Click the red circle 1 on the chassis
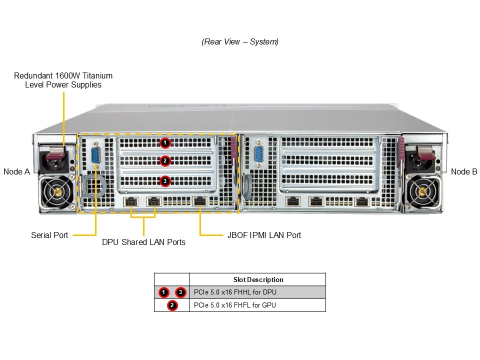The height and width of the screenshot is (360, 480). pos(165,143)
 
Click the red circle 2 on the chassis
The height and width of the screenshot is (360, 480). pos(165,161)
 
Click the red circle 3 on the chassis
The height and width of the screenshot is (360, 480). pos(165,181)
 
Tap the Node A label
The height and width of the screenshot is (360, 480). pos(16,171)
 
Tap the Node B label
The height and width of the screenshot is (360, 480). pos(463,171)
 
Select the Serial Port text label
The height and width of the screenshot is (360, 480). pos(49,235)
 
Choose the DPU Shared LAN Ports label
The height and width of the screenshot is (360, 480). pos(143,242)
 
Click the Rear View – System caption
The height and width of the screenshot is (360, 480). pos(240,42)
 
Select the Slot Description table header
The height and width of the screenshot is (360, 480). pos(258,279)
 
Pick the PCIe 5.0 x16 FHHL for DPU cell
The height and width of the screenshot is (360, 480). pos(235,292)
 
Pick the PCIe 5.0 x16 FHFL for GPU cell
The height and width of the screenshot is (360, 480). pos(235,305)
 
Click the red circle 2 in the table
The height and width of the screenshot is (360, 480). pos(172,305)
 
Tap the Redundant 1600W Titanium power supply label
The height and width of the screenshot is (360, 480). pos(63,80)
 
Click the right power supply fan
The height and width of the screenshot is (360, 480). pos(423,191)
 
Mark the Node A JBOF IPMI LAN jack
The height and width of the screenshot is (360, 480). pos(200,201)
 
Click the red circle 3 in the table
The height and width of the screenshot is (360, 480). pos(180,292)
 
